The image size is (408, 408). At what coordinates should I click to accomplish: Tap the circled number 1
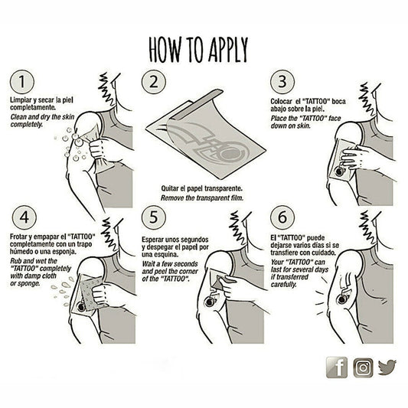22,82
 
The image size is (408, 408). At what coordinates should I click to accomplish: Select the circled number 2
154,82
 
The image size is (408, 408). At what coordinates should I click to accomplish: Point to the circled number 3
282,82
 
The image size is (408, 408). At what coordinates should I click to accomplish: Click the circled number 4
24,217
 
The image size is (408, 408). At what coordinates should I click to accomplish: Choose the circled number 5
154,217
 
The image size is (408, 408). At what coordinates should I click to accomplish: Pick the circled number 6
282,217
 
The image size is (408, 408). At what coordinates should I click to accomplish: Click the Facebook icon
337,367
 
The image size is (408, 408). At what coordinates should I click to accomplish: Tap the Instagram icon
363,368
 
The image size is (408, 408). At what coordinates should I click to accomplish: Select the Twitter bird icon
387,367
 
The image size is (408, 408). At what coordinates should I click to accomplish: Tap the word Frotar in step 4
18,237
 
